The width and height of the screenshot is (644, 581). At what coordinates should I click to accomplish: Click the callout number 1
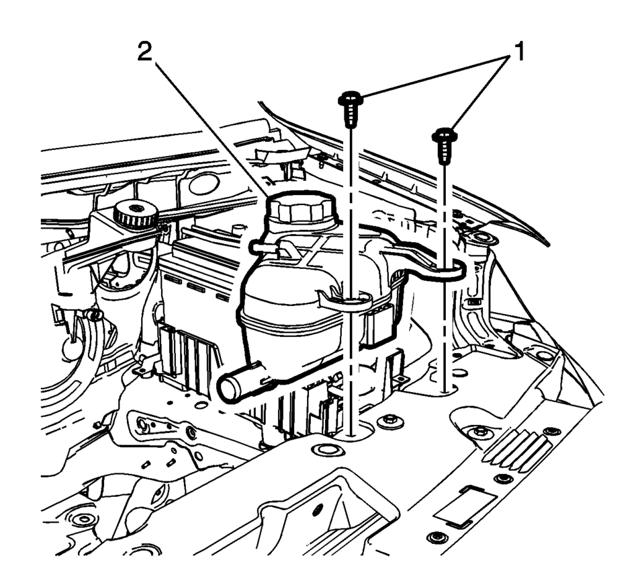click(x=519, y=52)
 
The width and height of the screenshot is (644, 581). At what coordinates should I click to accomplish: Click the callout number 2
click(x=144, y=52)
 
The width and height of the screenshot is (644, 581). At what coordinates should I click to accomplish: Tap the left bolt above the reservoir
click(x=351, y=109)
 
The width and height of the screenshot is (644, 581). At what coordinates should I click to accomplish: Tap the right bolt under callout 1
click(x=445, y=145)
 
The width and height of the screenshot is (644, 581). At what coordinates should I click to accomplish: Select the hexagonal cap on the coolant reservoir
click(x=302, y=209)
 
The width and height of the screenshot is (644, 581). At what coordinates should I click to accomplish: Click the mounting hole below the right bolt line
click(x=445, y=390)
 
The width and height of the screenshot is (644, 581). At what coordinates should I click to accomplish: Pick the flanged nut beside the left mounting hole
click(x=389, y=422)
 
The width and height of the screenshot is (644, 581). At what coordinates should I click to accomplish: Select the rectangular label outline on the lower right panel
click(x=465, y=506)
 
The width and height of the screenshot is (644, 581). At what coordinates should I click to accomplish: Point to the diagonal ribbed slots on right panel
click(x=517, y=451)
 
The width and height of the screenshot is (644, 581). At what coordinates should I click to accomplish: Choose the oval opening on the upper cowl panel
click(x=205, y=184)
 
